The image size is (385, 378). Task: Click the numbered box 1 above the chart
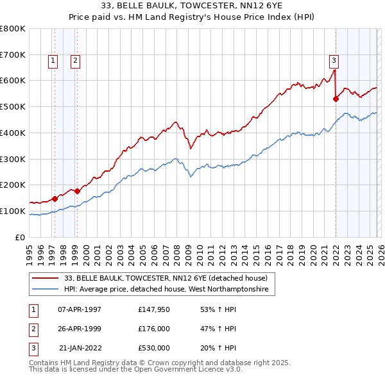pos(53,61)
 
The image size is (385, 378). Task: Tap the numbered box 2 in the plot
pos(75,61)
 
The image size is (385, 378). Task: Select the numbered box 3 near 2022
pos(334,61)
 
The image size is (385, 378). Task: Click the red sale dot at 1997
pos(55,199)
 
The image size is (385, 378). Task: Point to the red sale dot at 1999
pos(77,191)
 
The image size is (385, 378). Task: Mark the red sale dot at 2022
pos(336,99)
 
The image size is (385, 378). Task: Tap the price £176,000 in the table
pos(153,329)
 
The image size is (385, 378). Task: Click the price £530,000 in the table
pos(153,348)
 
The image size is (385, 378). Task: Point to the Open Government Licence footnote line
pos(135,370)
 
